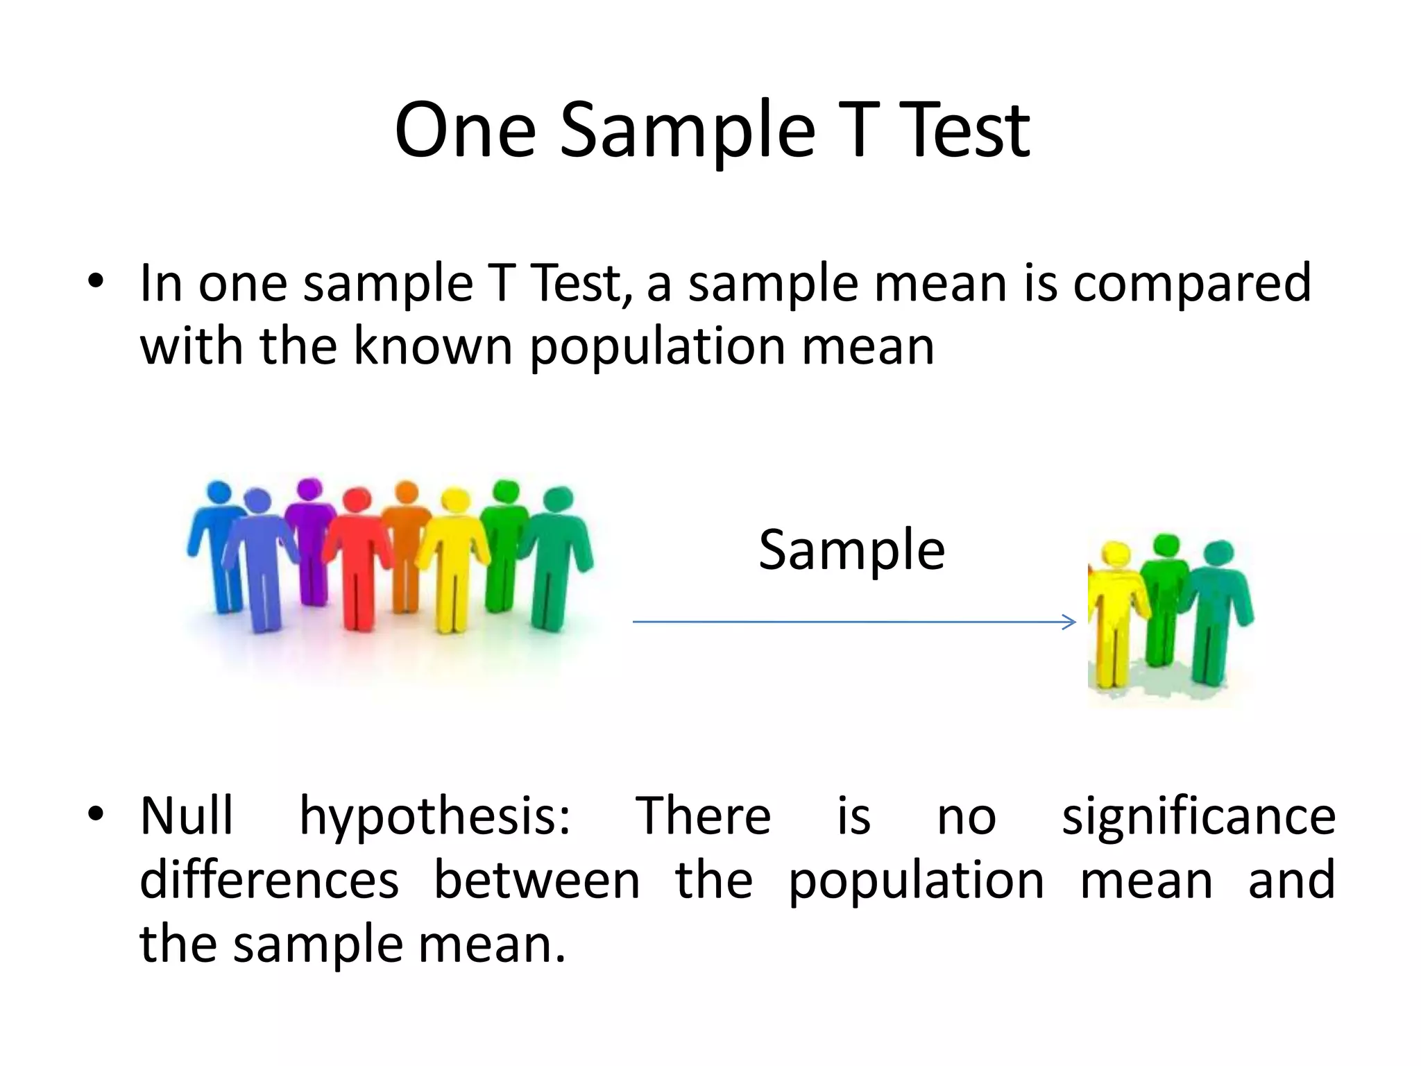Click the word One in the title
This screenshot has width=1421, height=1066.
pyautogui.click(x=466, y=130)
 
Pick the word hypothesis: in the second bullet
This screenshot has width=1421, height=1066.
pyautogui.click(x=435, y=818)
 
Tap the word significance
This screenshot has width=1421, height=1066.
pyautogui.click(x=1198, y=818)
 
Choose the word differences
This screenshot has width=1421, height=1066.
pyautogui.click(x=269, y=880)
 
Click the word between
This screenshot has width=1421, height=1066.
pyautogui.click(x=536, y=880)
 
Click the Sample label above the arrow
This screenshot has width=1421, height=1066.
pyautogui.click(x=851, y=550)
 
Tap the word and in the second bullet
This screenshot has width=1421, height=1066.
pyautogui.click(x=1291, y=880)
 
